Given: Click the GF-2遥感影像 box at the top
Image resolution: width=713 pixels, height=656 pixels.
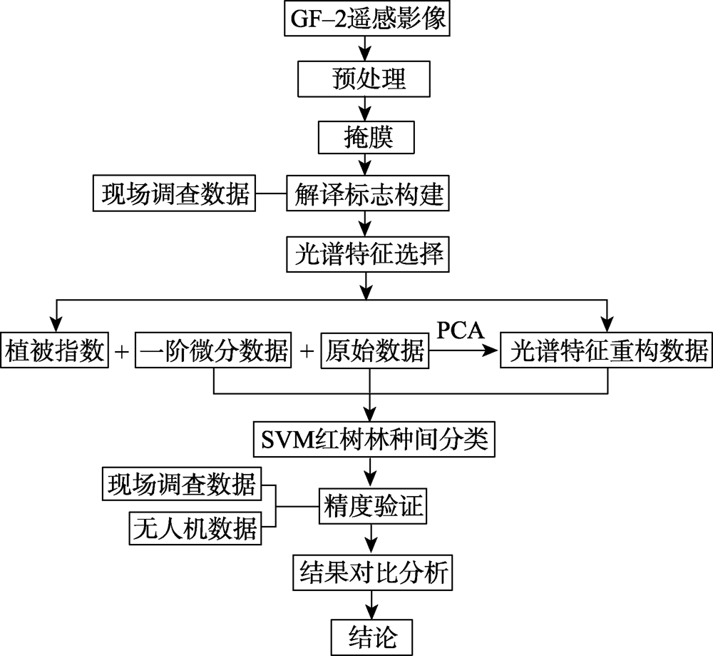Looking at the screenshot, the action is point(367,19).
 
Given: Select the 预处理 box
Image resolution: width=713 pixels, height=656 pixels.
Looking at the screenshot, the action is point(364,79).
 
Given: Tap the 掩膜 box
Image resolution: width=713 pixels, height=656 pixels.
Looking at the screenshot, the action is point(366,137).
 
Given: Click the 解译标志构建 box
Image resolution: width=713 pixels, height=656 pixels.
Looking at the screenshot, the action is point(367,193).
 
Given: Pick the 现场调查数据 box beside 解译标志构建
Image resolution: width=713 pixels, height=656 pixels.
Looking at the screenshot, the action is point(174,193).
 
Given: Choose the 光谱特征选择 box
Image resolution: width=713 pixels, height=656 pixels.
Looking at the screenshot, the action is point(367,254).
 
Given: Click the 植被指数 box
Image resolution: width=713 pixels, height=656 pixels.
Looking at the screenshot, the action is point(55,350).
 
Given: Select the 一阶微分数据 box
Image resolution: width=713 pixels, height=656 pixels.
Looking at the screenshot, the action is point(213,350).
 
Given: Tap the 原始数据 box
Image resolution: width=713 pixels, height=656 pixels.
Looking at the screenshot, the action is point(375,350).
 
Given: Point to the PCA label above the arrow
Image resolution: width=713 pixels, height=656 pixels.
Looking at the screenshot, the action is point(460,330).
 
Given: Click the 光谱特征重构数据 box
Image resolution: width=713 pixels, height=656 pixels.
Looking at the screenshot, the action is point(607,350).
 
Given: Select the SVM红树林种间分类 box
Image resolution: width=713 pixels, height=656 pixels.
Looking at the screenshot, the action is point(374,440).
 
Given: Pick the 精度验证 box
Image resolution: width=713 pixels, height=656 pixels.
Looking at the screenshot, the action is point(372,506).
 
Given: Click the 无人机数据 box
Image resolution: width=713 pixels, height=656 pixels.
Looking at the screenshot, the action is point(195,528).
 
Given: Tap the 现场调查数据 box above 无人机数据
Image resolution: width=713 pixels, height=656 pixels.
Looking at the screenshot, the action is point(182,483).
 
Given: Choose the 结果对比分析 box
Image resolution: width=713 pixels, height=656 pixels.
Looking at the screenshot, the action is point(372,572).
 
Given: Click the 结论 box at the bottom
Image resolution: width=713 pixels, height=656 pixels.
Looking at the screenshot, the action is point(371,637).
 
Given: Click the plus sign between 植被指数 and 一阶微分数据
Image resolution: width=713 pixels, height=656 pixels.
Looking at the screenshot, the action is point(122,351).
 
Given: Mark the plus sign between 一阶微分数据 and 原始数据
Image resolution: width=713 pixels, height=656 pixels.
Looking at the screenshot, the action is point(307,351).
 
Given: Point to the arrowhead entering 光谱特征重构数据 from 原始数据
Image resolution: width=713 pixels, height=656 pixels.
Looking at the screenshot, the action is point(491,350).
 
